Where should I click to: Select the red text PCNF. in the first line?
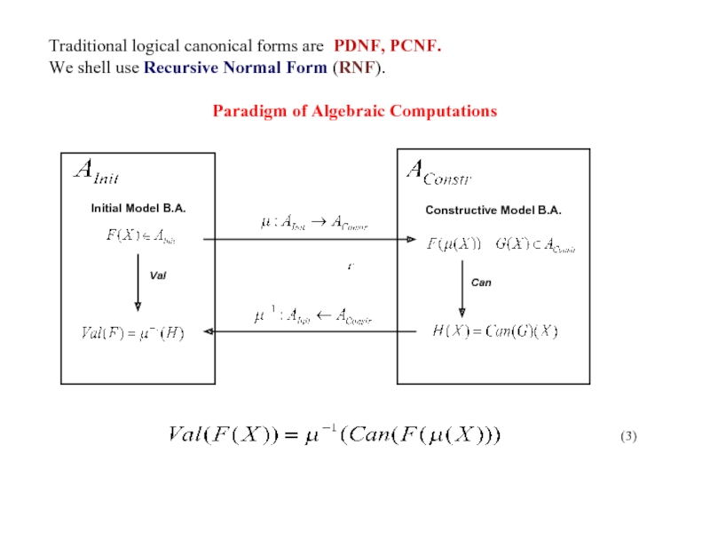coord(414,45)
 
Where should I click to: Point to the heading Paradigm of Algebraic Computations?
coord(354,111)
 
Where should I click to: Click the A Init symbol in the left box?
coord(95,172)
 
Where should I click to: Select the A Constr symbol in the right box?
coord(438,171)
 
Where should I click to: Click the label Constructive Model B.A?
coord(493,210)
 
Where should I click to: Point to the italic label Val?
coord(159,276)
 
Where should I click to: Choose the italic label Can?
coord(481,282)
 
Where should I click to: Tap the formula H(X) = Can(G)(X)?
coord(494,332)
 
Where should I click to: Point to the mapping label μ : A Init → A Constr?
coord(313,224)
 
